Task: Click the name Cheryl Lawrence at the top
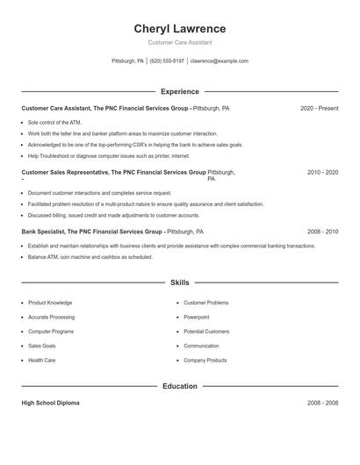[x=179, y=28]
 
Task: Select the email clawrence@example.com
[x=219, y=61]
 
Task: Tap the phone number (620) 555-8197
[x=167, y=61]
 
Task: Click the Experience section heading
[x=179, y=91]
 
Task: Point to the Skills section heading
[x=179, y=283]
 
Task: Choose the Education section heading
[x=179, y=386]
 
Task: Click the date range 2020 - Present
[x=319, y=109]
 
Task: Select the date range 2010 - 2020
[x=322, y=173]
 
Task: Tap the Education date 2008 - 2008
[x=322, y=403]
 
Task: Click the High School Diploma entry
[x=50, y=403]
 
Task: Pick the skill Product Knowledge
[x=50, y=303]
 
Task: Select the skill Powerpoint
[x=196, y=317]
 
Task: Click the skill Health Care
[x=41, y=360]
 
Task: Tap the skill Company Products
[x=205, y=360]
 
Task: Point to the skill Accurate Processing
[x=51, y=317]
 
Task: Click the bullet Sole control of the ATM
[x=54, y=123]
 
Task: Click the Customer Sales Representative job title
[x=65, y=173]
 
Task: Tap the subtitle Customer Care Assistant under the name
[x=179, y=42]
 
